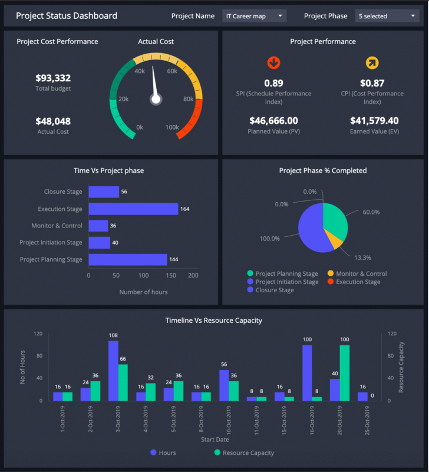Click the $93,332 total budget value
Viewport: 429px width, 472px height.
(53, 78)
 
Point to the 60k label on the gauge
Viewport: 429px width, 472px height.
(172, 71)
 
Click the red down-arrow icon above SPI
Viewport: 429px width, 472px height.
(273, 62)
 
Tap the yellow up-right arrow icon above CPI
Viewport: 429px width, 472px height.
(372, 62)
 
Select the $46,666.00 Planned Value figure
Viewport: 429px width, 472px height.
(273, 120)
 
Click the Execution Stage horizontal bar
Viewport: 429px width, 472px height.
(133, 209)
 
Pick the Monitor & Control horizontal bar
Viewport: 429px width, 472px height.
(98, 226)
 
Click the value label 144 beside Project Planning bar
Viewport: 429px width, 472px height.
(174, 259)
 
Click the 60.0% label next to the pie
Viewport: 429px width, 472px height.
(371, 212)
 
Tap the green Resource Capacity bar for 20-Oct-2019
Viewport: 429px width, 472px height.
(344, 372)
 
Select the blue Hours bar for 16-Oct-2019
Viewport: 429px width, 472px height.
(307, 372)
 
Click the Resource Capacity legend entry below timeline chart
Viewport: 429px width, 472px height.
(243, 453)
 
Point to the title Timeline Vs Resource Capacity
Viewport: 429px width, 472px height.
(214, 321)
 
